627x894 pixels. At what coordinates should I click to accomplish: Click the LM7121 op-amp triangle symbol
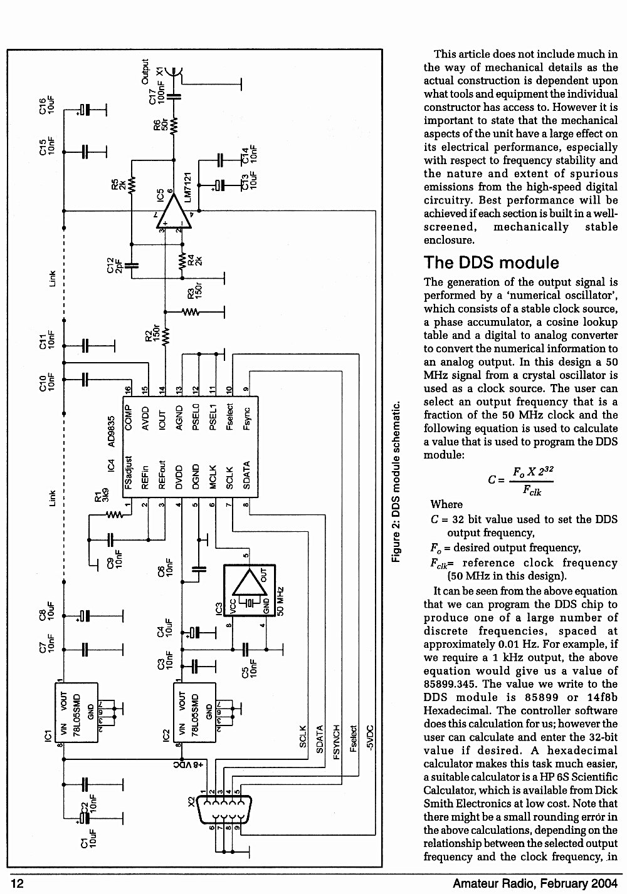click(x=174, y=212)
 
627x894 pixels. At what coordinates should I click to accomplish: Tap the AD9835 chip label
click(x=112, y=432)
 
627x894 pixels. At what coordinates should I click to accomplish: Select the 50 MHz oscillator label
click(x=280, y=601)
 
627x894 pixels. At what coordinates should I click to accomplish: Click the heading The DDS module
click(x=491, y=262)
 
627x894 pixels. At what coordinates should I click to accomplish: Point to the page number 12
click(x=17, y=883)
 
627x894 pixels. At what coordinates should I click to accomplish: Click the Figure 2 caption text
click(x=396, y=482)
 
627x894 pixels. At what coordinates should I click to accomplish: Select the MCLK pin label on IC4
click(x=213, y=477)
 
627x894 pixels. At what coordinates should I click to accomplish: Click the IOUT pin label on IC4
click(x=162, y=420)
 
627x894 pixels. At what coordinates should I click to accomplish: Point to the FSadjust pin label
click(x=128, y=472)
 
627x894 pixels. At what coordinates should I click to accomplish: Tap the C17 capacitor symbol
click(x=174, y=96)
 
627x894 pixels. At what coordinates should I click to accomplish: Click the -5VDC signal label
click(x=370, y=738)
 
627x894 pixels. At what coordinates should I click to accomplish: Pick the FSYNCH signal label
click(x=336, y=742)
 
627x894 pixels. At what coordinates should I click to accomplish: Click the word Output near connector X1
click(x=145, y=71)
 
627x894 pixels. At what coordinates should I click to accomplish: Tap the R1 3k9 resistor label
click(x=102, y=496)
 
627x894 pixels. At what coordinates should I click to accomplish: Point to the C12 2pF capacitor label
click(x=115, y=264)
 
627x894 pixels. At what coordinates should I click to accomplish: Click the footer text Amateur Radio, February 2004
click(x=535, y=883)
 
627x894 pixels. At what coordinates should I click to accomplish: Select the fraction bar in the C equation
click(x=530, y=481)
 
